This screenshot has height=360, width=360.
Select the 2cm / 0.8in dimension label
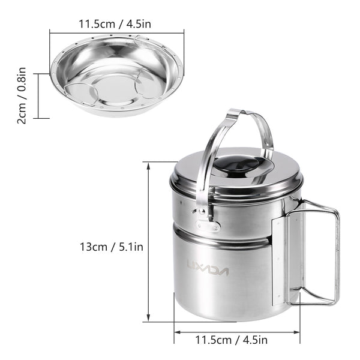(x=21, y=96)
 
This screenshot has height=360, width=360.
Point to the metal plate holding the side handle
(x=281, y=258)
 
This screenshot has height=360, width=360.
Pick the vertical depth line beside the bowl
(x=38, y=96)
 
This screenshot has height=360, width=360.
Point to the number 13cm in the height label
(x=94, y=246)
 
